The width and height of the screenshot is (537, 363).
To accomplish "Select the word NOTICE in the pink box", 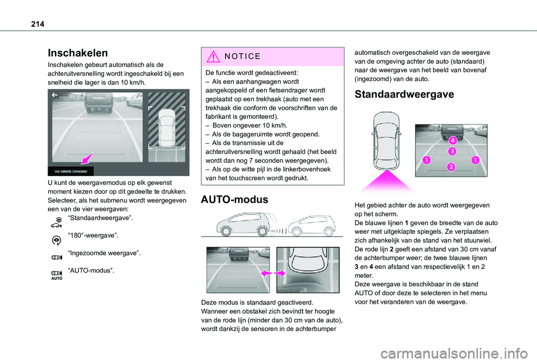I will [242, 56].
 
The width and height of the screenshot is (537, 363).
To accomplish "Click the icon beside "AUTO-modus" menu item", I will [56, 272].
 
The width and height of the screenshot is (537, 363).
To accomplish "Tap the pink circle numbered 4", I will [452, 140].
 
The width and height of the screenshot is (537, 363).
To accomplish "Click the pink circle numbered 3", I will [452, 151].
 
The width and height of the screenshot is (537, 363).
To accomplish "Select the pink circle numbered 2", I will [451, 166].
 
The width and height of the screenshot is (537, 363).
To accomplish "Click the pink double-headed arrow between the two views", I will [273, 274].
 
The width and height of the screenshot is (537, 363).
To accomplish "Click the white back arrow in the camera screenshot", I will [55, 96].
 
